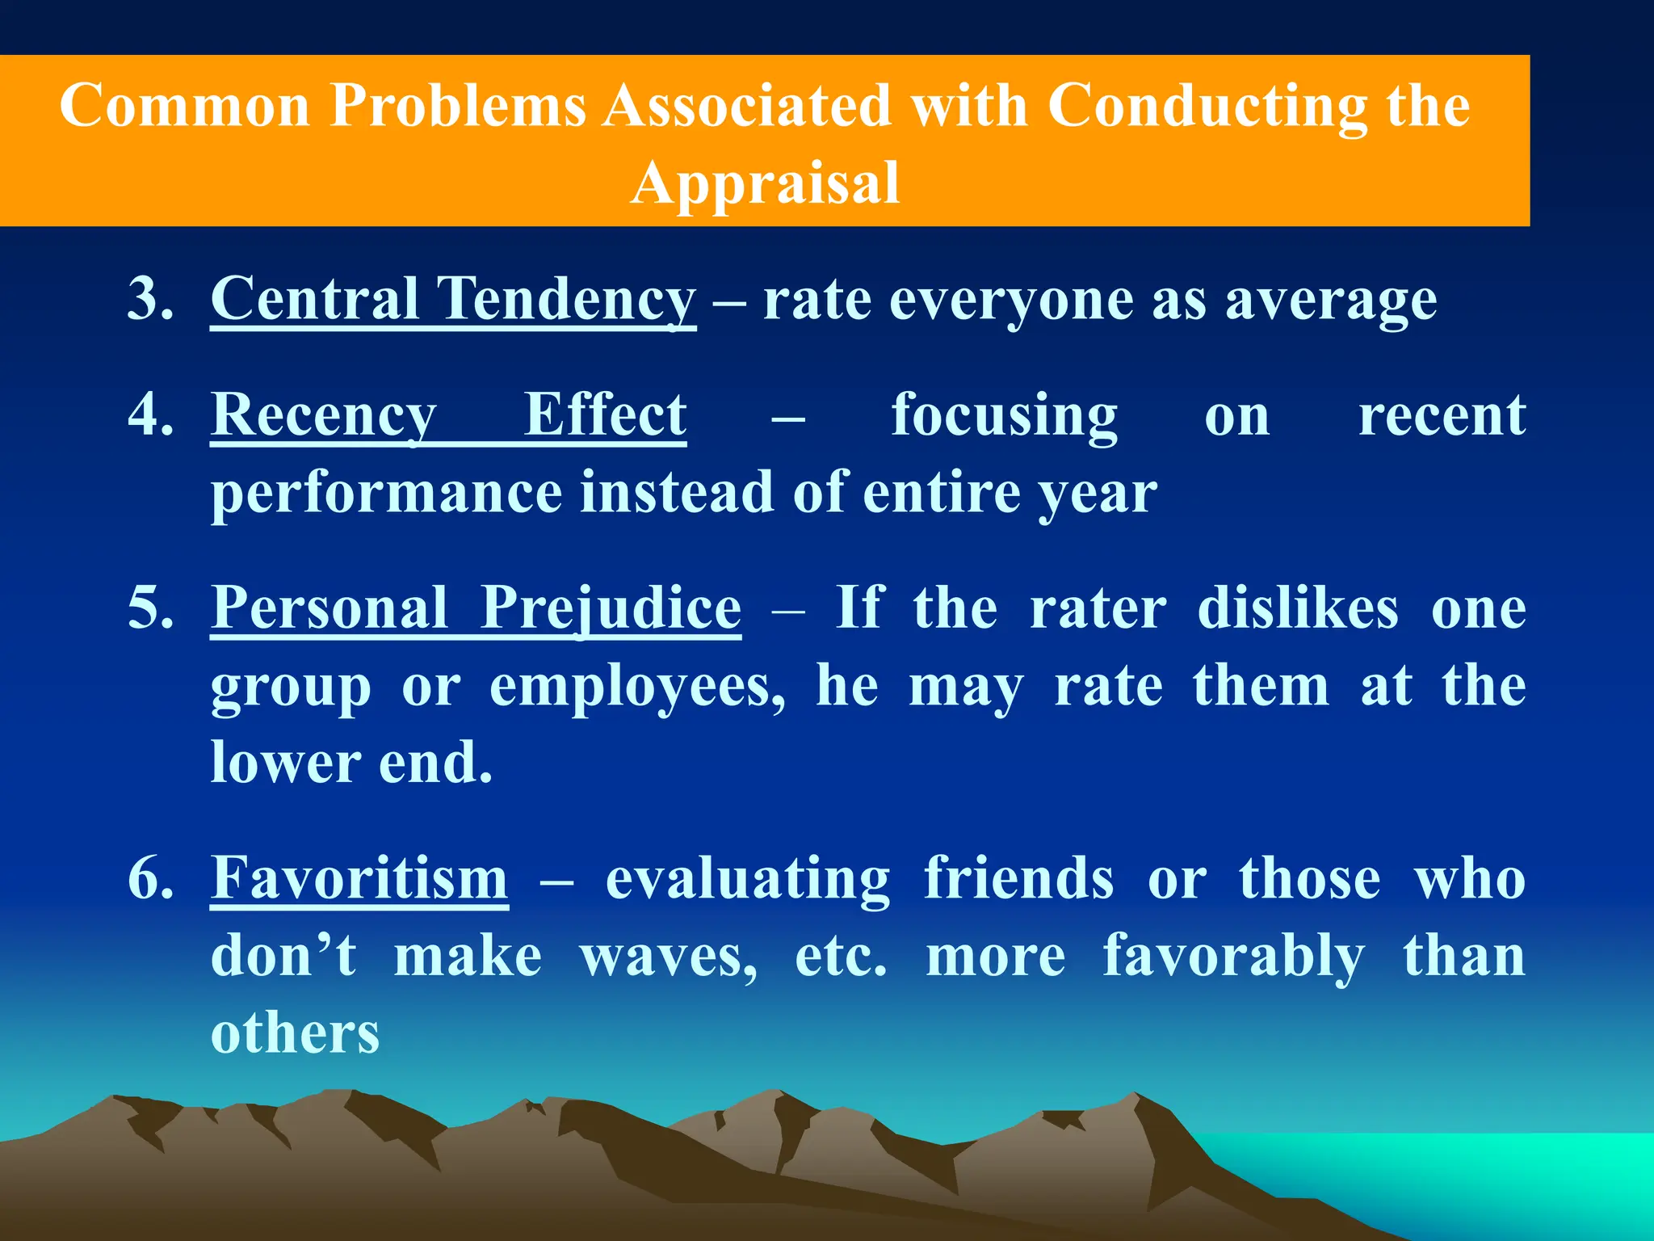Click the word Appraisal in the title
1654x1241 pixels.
[x=764, y=183]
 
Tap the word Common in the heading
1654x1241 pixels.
[x=185, y=106]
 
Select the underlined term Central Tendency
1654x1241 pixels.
[x=453, y=300]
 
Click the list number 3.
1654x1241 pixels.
[x=150, y=299]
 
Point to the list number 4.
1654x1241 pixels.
[x=150, y=414]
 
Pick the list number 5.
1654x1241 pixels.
[x=150, y=608]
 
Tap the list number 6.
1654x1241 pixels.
[x=150, y=878]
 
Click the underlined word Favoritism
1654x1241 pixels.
[x=359, y=878]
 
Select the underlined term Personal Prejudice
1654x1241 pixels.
[x=476, y=608]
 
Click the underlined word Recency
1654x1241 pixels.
[x=324, y=416]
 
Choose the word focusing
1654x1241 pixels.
[x=1004, y=416]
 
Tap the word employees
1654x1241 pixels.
[x=637, y=687]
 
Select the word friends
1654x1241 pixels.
[x=1018, y=878]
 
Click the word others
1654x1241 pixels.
[x=295, y=1033]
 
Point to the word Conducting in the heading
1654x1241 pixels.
[x=1207, y=106]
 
